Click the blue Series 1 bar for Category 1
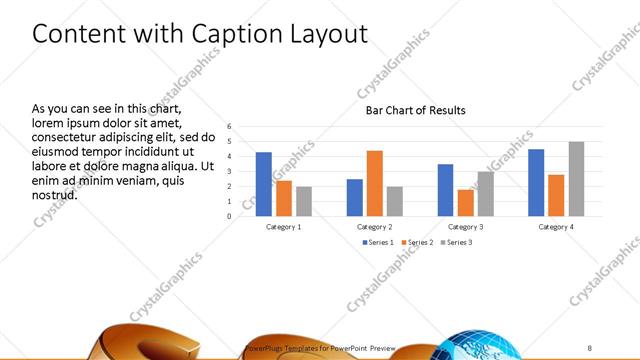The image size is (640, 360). (264, 184)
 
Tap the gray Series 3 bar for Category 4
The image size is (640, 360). (576, 179)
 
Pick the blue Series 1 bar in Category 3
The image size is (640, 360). (445, 190)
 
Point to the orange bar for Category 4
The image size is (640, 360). (556, 195)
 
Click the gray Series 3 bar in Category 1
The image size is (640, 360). (304, 201)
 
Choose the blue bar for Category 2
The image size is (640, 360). (354, 197)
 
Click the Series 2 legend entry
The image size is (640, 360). (417, 242)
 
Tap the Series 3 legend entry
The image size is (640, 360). (456, 242)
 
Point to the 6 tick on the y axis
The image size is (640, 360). (229, 127)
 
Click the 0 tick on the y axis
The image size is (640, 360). (229, 216)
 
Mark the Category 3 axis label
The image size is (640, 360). (465, 227)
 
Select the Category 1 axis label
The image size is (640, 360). (284, 227)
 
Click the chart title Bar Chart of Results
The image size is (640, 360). (415, 110)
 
